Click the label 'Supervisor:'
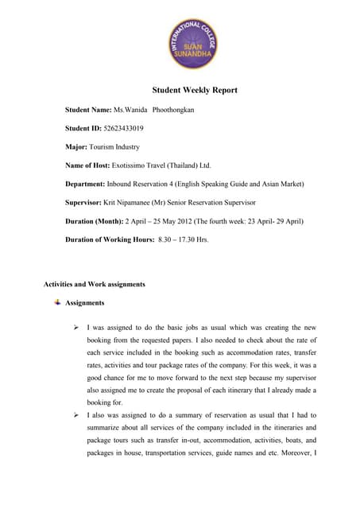pos(87,204)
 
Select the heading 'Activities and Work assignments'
pos(94,284)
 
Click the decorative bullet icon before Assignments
pos(57,302)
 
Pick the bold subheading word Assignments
pos(86,303)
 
